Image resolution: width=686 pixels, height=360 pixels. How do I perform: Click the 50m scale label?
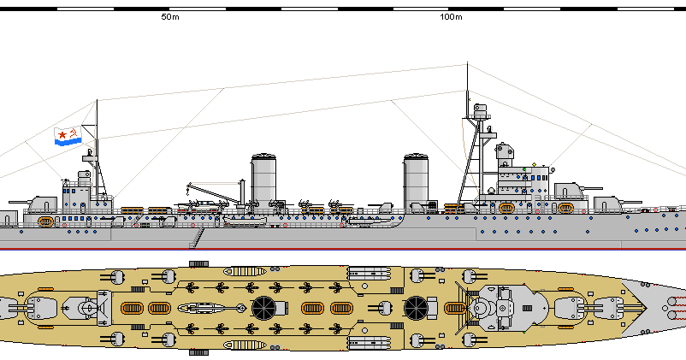[169, 17]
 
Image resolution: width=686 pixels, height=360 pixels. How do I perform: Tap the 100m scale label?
[450, 17]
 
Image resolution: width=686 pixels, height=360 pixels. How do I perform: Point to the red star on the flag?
[62, 133]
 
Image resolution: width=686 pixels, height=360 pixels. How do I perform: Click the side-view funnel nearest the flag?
[264, 178]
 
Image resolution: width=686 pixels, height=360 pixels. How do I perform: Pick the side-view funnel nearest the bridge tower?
[416, 180]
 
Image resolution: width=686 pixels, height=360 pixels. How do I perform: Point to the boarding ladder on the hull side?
[198, 235]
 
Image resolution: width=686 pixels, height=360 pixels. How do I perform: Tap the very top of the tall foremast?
[467, 65]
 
